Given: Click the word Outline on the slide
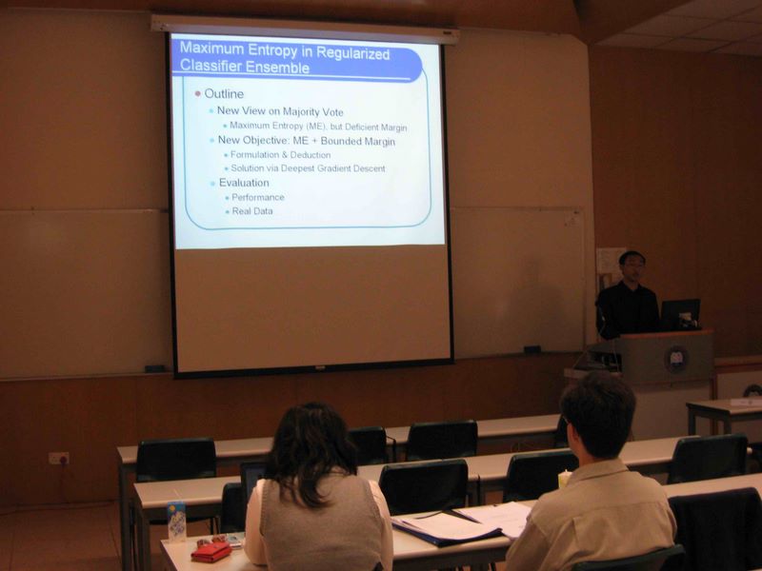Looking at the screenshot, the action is pyautogui.click(x=224, y=93).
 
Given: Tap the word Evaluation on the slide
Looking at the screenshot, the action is pyautogui.click(x=244, y=183).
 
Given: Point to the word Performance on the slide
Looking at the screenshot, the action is pyautogui.click(x=258, y=197).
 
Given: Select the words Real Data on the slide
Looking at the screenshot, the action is pyautogui.click(x=252, y=211).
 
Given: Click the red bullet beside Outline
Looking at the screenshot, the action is pyautogui.click(x=198, y=93).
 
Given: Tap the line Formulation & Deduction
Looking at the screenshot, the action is pyautogui.click(x=280, y=155).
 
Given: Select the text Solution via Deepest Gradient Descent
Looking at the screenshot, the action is pyautogui.click(x=308, y=168).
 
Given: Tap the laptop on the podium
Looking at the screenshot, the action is pyautogui.click(x=680, y=314).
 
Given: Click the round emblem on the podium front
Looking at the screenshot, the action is pyautogui.click(x=676, y=360).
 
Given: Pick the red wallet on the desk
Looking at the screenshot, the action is pyautogui.click(x=211, y=552).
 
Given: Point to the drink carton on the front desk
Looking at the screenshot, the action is pyautogui.click(x=176, y=521).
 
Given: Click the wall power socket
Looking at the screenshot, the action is pyautogui.click(x=59, y=458).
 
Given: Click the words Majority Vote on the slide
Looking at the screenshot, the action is pyautogui.click(x=313, y=112).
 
